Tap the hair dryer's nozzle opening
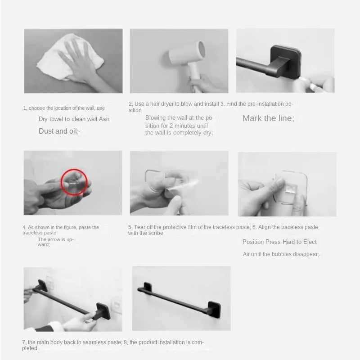tap(202, 49)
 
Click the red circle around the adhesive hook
tap(74, 182)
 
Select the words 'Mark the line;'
tap(268, 118)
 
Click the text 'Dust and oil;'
tap(59, 131)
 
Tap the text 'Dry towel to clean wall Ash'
tap(74, 119)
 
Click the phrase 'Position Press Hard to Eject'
tap(279, 242)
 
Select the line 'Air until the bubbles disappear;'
tap(281, 254)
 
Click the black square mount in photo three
tap(285, 62)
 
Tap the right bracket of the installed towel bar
tap(214, 309)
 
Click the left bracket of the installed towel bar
tap(148, 287)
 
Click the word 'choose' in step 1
tap(37, 108)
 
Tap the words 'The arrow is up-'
tap(55, 239)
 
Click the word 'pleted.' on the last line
tap(30, 348)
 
